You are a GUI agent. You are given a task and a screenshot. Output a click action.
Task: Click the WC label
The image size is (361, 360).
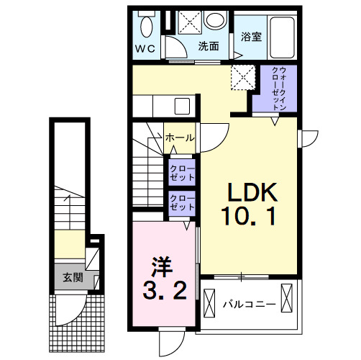click(146, 50)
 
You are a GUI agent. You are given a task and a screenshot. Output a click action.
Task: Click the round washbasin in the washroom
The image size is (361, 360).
click(214, 21)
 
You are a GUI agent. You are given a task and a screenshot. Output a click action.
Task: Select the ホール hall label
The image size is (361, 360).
click(178, 137)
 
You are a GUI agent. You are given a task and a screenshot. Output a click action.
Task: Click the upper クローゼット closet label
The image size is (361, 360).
click(183, 174)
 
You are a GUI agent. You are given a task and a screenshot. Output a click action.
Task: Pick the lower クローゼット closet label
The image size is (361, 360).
click(183, 202)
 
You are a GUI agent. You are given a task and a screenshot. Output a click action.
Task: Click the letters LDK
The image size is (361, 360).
click(252, 192)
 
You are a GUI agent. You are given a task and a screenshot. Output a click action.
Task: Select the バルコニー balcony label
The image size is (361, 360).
click(248, 305)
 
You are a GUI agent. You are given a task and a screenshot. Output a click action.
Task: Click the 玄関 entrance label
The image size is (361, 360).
click(71, 277)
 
